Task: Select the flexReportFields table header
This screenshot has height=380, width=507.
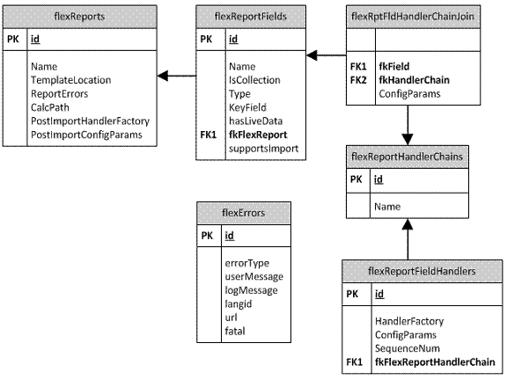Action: [250, 15]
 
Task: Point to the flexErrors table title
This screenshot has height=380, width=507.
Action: [244, 211]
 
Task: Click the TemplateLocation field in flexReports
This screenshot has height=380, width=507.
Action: [69, 79]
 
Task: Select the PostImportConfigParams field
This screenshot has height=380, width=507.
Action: [86, 135]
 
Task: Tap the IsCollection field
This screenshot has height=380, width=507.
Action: [253, 79]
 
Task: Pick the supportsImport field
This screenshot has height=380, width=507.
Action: [263, 150]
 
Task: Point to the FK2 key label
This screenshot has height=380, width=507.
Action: [358, 79]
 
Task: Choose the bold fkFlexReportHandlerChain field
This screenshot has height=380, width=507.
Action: [435, 362]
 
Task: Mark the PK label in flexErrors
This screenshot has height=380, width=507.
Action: [207, 235]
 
